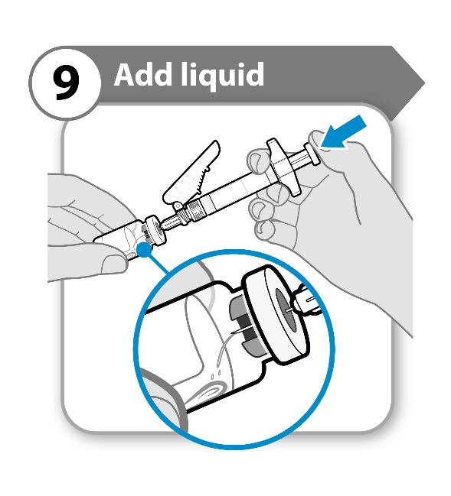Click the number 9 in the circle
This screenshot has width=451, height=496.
pos(66,83)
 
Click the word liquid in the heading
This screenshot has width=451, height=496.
pos(223,76)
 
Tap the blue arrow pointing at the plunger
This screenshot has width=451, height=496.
pos(344,132)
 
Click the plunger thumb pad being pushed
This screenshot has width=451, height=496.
pos(312,154)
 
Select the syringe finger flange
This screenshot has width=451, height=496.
pos(283,167)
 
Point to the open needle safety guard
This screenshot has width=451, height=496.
pos(192,173)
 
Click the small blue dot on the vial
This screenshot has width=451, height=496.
pos(145,249)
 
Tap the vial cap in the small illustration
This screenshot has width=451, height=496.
pos(156,230)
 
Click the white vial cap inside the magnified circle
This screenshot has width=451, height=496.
pos(275,315)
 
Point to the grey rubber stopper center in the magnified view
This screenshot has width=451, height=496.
pos(286,310)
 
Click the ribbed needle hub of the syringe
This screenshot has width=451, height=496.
pos(192,211)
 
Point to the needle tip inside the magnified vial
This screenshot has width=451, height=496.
pos(232,332)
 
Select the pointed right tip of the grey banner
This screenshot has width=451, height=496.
pos(425,83)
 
